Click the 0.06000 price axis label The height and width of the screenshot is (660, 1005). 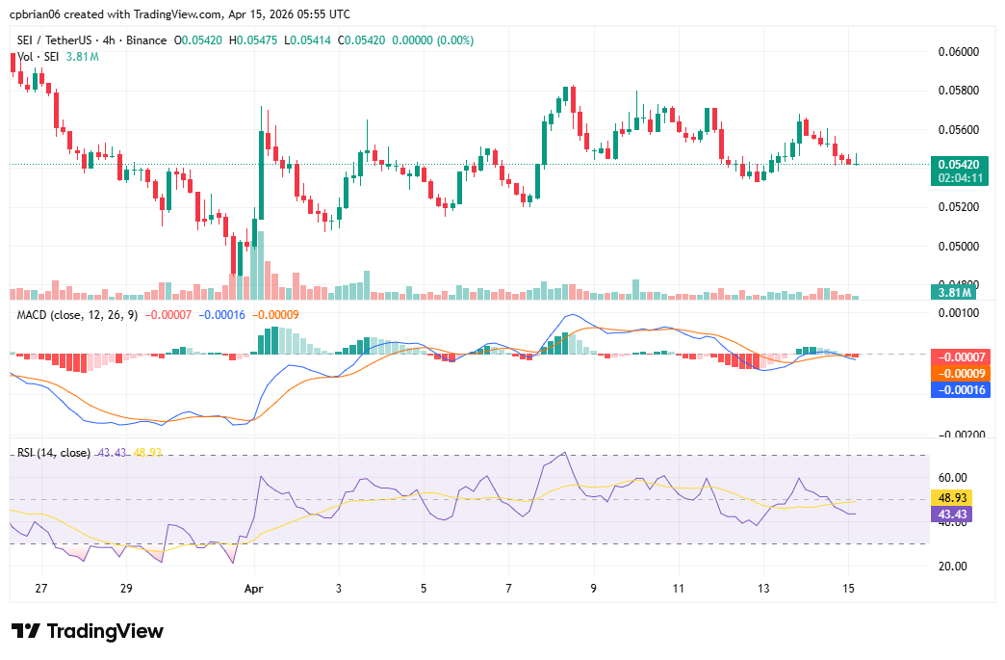(958, 51)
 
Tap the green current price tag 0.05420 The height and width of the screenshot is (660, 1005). (958, 165)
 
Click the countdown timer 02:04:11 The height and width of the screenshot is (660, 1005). (958, 178)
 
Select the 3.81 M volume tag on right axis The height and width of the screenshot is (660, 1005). (954, 292)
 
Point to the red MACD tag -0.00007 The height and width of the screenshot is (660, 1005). (958, 357)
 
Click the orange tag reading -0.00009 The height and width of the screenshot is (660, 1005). (958, 373)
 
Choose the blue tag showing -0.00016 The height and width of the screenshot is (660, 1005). (958, 389)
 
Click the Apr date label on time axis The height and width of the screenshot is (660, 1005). (254, 588)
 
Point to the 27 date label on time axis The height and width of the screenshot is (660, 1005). (39, 588)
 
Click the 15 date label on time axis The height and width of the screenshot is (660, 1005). (848, 588)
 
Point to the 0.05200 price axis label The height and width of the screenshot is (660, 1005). (958, 207)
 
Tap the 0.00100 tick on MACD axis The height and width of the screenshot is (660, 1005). (958, 314)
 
